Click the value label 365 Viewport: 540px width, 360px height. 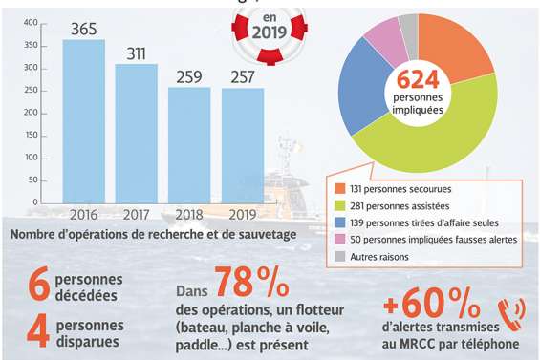tap(84, 30)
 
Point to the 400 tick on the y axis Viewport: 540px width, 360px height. tap(31, 22)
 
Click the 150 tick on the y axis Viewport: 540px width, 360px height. tap(31, 135)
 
